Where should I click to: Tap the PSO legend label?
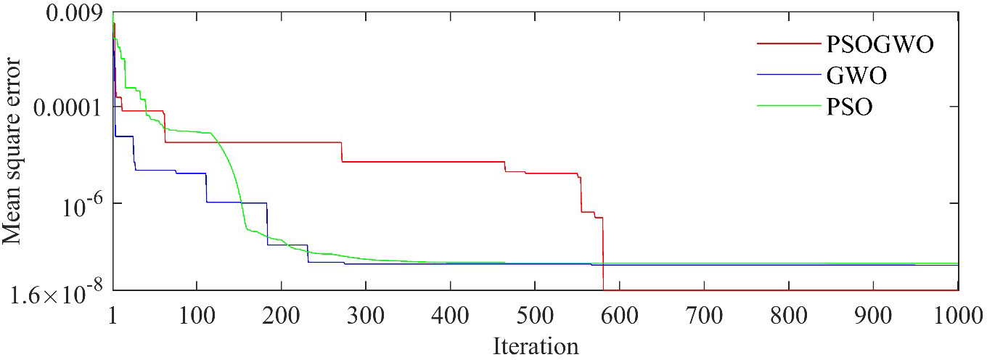(x=849, y=107)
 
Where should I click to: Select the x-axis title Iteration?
(x=536, y=345)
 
